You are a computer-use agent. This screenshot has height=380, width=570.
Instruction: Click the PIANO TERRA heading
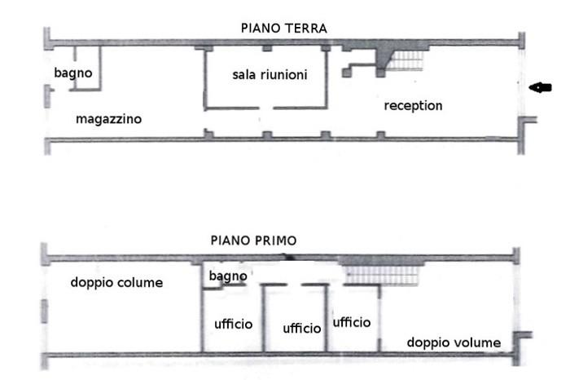[284, 29]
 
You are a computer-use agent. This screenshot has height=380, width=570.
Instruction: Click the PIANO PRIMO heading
[254, 241]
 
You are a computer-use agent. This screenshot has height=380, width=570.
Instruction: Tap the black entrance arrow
[540, 87]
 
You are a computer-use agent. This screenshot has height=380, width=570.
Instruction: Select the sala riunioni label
[270, 75]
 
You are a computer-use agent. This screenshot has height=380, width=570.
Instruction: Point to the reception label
[414, 106]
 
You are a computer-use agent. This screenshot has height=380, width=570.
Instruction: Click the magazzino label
[108, 119]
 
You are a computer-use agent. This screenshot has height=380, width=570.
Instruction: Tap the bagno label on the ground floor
[73, 73]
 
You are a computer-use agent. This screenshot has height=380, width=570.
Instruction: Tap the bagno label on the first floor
[228, 276]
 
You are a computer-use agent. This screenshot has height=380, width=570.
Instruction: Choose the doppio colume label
[116, 282]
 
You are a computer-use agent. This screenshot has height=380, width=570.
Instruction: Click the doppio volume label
[454, 342]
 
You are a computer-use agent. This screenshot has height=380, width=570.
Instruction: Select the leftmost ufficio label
[234, 324]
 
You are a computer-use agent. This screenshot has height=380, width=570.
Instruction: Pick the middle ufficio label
[302, 329]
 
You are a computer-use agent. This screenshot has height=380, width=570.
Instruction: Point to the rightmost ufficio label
[352, 322]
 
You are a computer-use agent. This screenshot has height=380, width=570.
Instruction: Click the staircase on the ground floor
[406, 60]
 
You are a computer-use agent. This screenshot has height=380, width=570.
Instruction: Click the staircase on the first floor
[382, 276]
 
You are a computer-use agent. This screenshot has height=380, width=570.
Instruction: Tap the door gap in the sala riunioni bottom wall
[266, 108]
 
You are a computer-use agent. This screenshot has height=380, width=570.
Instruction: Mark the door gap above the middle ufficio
[295, 285]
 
